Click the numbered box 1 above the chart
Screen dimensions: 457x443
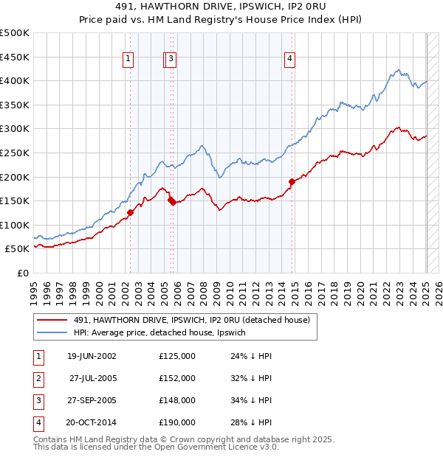coord(128,60)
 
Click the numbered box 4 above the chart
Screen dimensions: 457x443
coord(290,60)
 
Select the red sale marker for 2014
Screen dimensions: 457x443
coord(292,181)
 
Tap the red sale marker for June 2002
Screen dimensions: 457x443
coord(131,212)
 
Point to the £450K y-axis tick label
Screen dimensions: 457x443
coord(15,57)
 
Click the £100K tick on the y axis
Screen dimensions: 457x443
coord(15,225)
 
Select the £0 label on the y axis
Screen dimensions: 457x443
coord(23,273)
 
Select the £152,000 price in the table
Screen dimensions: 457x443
coord(177,378)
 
